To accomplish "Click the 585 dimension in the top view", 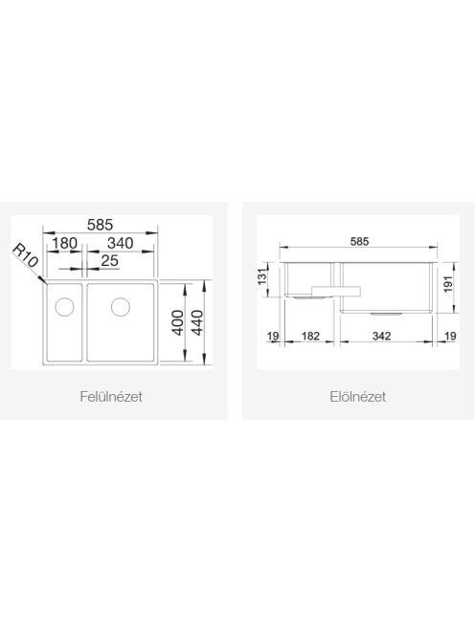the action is (101, 225).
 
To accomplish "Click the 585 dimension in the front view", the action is (359, 241).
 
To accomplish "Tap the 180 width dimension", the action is (64, 244).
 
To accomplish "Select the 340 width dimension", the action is (120, 244).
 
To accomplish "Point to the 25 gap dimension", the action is (109, 261).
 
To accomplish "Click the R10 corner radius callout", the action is (26, 255).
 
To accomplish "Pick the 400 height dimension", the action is (178, 322).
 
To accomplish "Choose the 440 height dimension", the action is (196, 322).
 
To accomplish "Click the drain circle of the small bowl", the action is (64, 307).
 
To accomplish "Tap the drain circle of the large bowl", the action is (121, 307).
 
